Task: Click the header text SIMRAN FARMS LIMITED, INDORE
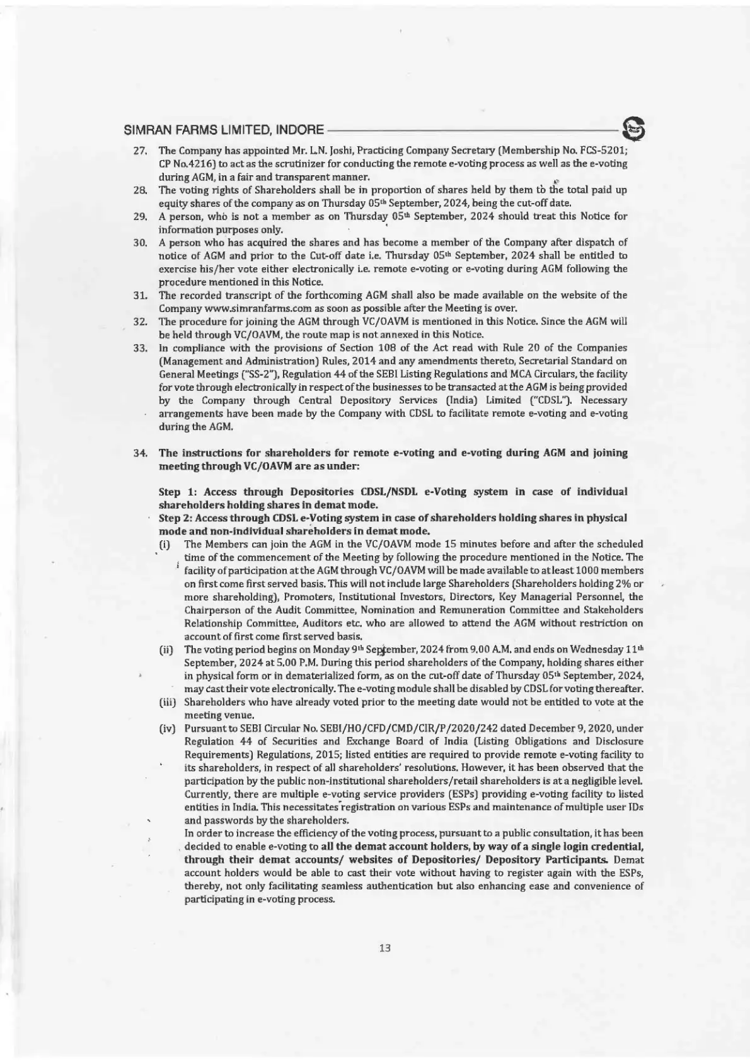click(x=224, y=132)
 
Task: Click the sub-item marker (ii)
click(x=167, y=650)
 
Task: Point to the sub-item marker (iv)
click(x=167, y=729)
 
